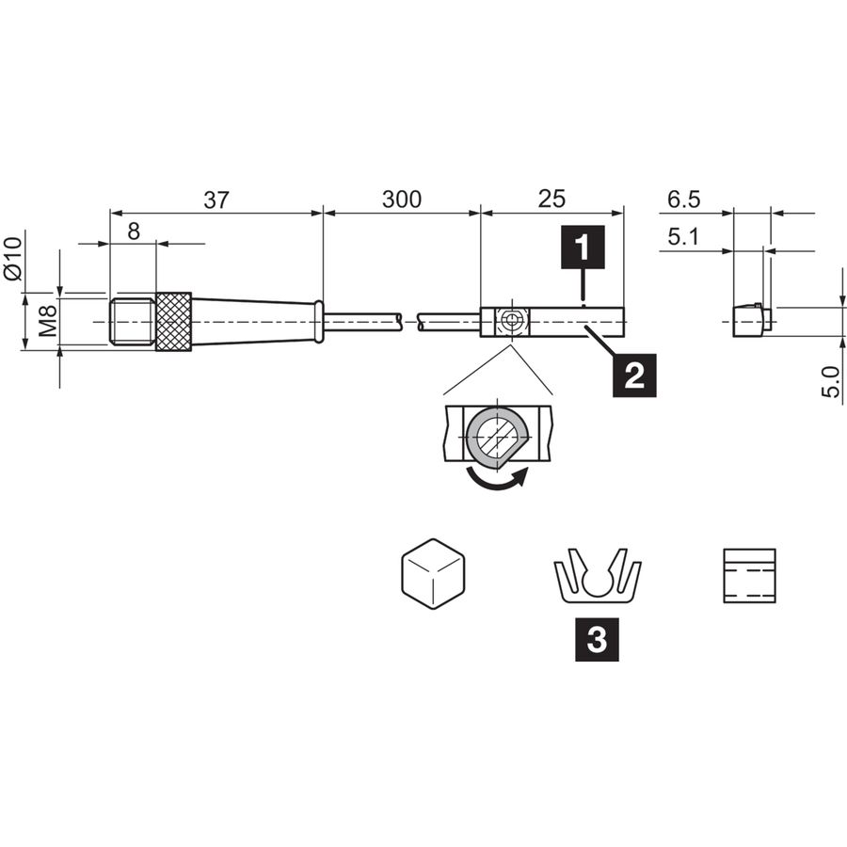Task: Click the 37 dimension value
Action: click(x=216, y=200)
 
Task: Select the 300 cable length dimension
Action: click(x=401, y=200)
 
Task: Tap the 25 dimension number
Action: click(x=551, y=200)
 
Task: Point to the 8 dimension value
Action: click(x=134, y=232)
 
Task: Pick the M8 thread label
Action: click(x=48, y=321)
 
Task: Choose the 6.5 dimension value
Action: click(x=683, y=200)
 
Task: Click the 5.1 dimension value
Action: click(x=683, y=237)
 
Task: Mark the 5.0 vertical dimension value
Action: click(x=831, y=382)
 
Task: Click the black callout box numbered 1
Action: click(x=583, y=247)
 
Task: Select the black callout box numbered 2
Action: click(x=634, y=376)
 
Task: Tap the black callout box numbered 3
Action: click(x=597, y=640)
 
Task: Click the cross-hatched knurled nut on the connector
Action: click(x=173, y=322)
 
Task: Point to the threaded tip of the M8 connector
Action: click(x=133, y=322)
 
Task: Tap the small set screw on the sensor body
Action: click(x=510, y=322)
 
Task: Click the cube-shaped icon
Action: click(x=433, y=574)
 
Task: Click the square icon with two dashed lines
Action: click(x=749, y=576)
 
